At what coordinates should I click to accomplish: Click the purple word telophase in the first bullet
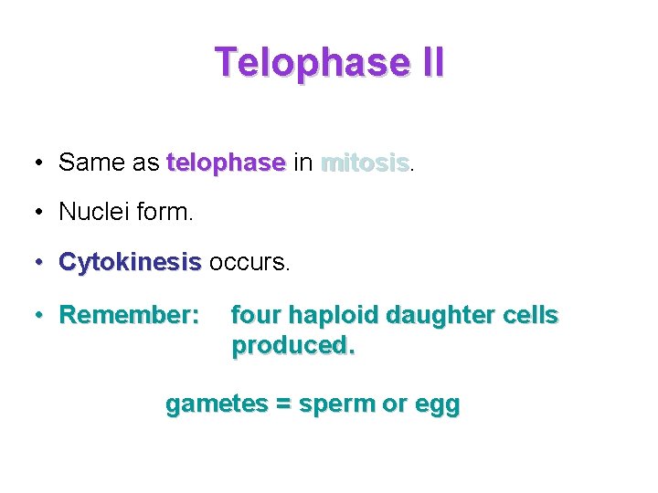[226, 163]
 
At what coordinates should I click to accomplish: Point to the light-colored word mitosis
[364, 163]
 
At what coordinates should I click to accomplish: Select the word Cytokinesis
[129, 263]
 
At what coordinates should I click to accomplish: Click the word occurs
[249, 263]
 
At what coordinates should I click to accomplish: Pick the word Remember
[128, 315]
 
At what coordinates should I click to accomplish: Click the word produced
[292, 346]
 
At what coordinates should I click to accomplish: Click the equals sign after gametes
[280, 404]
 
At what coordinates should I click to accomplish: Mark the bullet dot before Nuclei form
[39, 212]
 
